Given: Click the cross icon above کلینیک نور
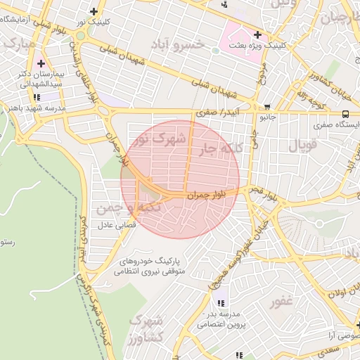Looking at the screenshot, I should pos(95,11).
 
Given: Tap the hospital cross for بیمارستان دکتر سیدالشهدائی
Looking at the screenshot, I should pos(41,63).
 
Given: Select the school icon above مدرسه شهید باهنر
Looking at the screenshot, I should pos(36,97).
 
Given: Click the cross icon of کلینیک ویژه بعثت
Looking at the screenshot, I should pos(257,34).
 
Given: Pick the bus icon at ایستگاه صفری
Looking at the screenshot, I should pos(345,114).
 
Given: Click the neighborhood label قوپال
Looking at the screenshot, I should pos(303,146).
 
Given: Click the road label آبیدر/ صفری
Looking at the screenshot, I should pos(215,112).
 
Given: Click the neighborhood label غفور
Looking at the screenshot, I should pos(281,302).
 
